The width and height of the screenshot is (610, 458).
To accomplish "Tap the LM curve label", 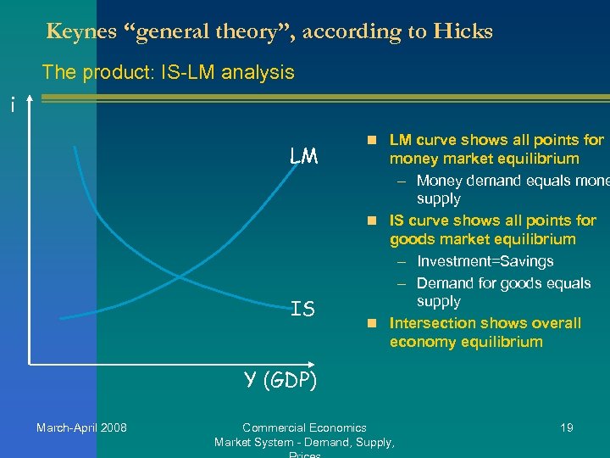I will [302, 156].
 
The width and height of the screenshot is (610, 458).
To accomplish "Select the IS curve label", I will [302, 310].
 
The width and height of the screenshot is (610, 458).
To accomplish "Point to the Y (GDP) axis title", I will [280, 381].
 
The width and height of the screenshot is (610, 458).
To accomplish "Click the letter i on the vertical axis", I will [11, 105].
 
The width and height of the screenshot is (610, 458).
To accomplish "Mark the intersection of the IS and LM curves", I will [180, 276].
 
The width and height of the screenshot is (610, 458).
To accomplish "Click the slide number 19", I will [567, 427].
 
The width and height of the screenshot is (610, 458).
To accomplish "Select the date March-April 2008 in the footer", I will [81, 427].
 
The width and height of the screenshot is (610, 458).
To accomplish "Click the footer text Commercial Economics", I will [304, 427].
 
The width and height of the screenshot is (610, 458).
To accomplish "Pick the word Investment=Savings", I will [485, 261].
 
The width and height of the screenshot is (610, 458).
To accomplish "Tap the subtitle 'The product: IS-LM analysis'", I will [168, 72].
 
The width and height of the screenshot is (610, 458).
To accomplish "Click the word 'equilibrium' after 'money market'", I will [539, 159].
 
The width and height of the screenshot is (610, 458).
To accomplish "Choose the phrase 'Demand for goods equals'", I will [503, 282].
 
